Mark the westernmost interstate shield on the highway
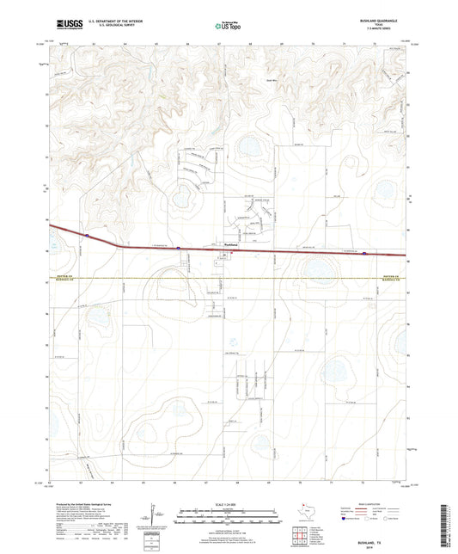pyautogui.click(x=88, y=234)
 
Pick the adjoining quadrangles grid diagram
pyautogui.click(x=301, y=535)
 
